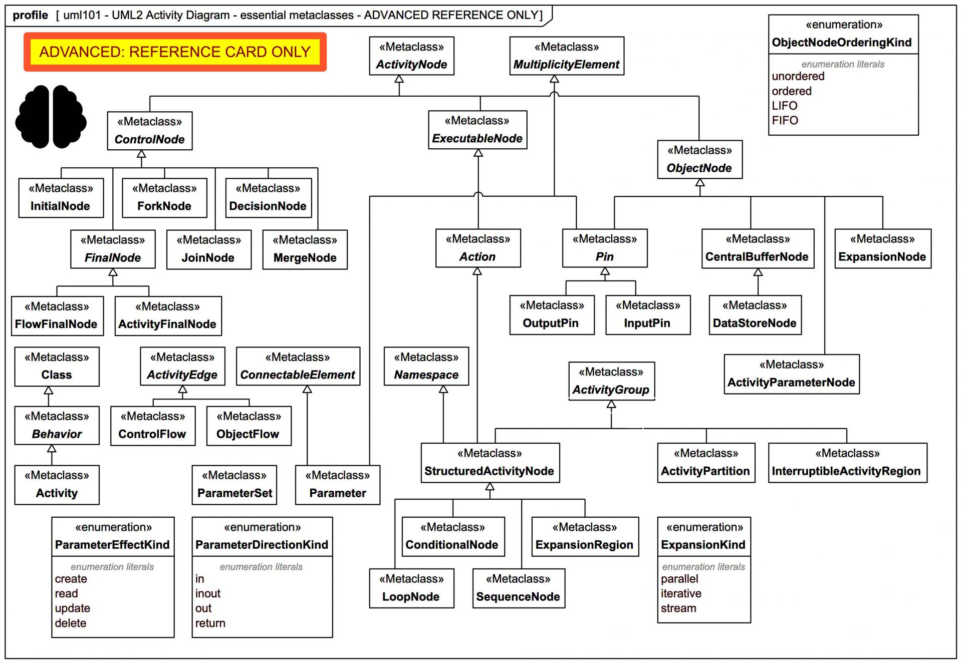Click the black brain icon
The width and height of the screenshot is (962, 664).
click(51, 117)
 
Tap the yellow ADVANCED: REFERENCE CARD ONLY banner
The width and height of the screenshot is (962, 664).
click(175, 52)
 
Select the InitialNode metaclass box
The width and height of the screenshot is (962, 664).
click(61, 198)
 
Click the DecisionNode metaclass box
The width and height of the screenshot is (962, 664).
click(268, 198)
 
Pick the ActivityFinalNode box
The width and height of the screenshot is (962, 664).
click(168, 316)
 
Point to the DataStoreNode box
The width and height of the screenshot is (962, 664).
click(755, 315)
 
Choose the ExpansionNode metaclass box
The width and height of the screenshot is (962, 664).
click(882, 249)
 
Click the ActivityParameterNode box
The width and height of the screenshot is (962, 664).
click(791, 374)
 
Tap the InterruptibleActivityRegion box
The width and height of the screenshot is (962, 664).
click(847, 463)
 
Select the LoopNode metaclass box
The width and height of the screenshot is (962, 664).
click(411, 588)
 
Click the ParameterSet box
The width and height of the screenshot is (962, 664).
click(234, 485)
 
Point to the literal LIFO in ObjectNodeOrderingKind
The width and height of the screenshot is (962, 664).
click(785, 106)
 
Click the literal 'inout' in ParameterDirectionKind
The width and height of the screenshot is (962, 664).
click(208, 593)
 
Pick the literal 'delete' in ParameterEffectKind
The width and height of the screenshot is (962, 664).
click(71, 623)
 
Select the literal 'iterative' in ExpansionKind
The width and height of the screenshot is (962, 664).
click(681, 593)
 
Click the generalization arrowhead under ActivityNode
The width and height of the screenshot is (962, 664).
click(399, 79)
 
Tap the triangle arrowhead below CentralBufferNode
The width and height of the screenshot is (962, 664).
click(758, 272)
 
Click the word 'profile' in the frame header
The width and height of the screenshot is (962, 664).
click(30, 15)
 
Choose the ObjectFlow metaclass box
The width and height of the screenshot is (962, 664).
click(249, 426)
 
